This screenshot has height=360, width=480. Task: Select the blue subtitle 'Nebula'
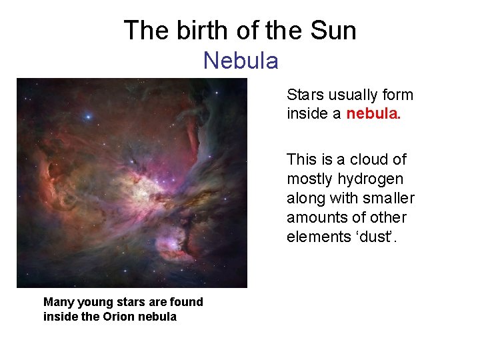point(241,61)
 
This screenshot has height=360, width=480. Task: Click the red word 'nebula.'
point(373,114)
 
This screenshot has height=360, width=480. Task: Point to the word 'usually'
point(352,95)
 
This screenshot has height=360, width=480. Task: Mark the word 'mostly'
point(309,179)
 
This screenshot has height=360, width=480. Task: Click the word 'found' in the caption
point(186,302)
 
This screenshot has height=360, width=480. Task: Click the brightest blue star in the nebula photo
point(87,117)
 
